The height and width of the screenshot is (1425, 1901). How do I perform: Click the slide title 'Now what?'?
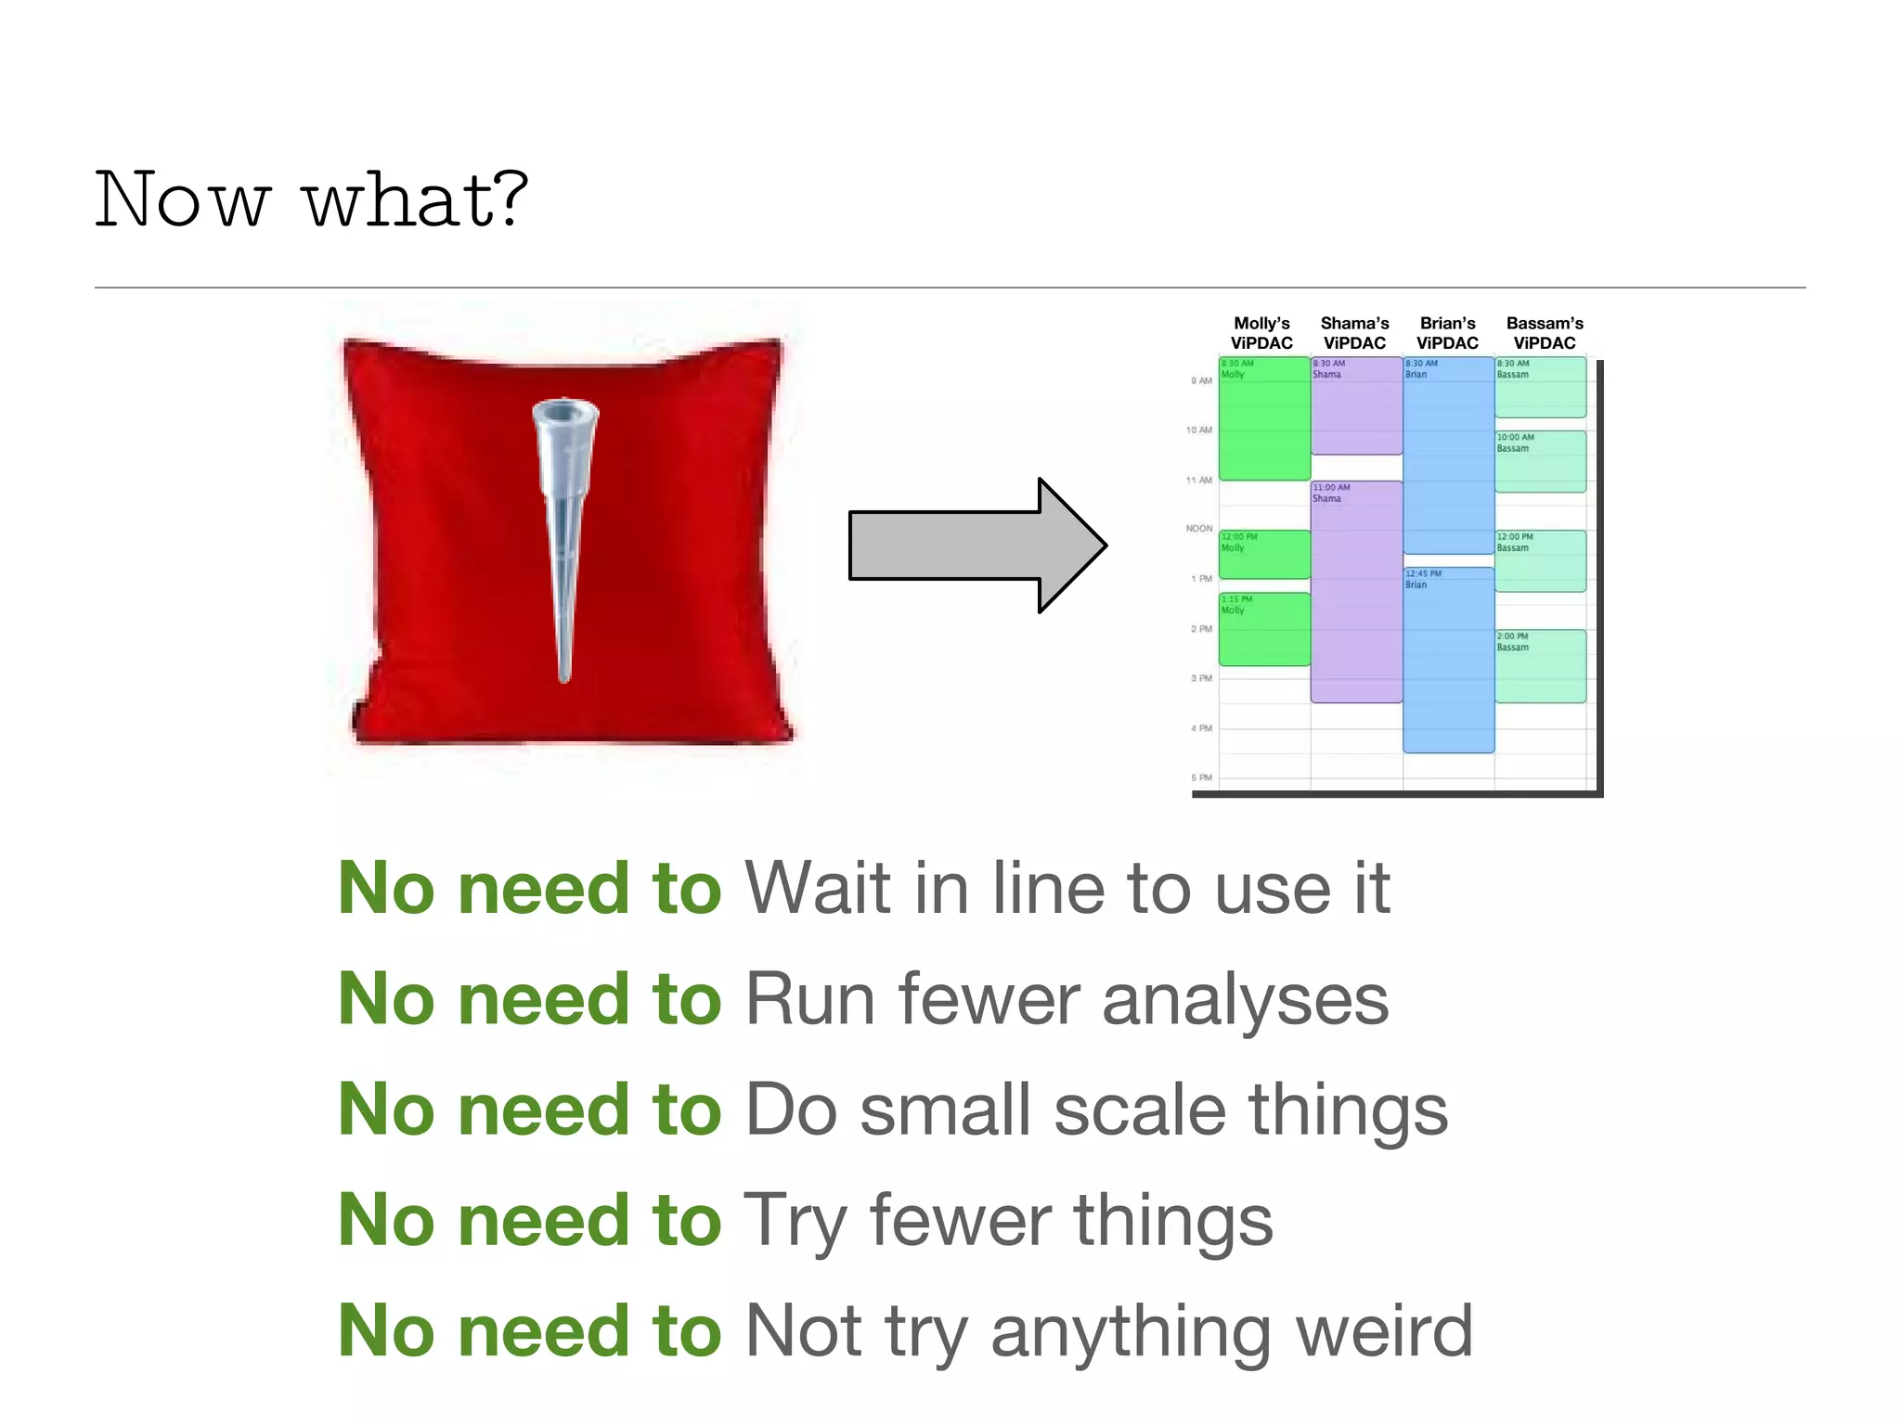coord(311,199)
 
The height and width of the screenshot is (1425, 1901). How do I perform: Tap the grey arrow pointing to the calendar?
coord(975,546)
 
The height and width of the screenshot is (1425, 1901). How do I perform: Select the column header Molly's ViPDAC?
coord(1261,333)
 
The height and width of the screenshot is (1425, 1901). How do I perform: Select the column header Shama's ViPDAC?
coord(1354,333)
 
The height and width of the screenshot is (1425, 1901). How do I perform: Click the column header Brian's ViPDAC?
coord(1447,333)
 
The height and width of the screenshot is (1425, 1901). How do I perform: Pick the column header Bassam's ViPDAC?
coord(1545,333)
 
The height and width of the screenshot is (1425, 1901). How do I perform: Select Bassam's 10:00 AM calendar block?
coord(1540,462)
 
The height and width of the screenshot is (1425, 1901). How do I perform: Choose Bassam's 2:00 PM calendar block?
coord(1540,666)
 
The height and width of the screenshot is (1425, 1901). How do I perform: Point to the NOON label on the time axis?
coord(1198,529)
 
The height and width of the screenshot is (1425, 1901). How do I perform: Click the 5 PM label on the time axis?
coord(1201,777)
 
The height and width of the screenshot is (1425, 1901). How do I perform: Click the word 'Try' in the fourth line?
coord(795,1222)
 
